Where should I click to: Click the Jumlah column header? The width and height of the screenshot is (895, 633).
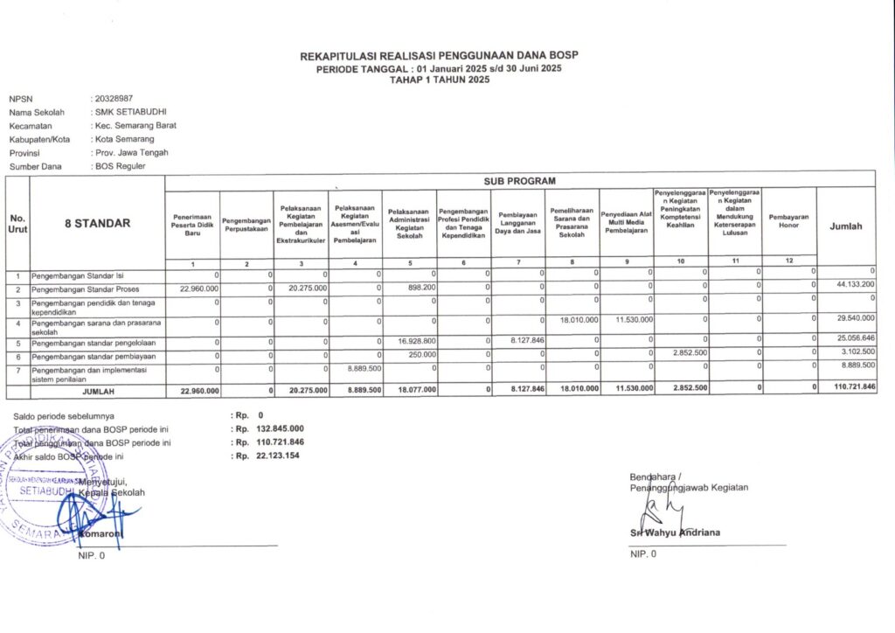(845, 226)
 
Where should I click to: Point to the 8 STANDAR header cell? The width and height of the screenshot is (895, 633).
(97, 223)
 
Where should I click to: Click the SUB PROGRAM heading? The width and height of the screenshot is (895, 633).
(520, 180)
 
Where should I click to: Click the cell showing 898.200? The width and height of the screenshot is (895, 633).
(412, 288)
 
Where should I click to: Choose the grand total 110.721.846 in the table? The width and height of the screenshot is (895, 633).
(848, 387)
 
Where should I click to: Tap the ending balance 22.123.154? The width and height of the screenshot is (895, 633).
(277, 456)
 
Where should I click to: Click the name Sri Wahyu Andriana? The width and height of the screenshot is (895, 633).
(672, 532)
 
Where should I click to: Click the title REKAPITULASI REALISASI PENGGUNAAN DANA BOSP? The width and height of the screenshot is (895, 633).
(439, 56)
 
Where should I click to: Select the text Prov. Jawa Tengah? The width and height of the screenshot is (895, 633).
(131, 152)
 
